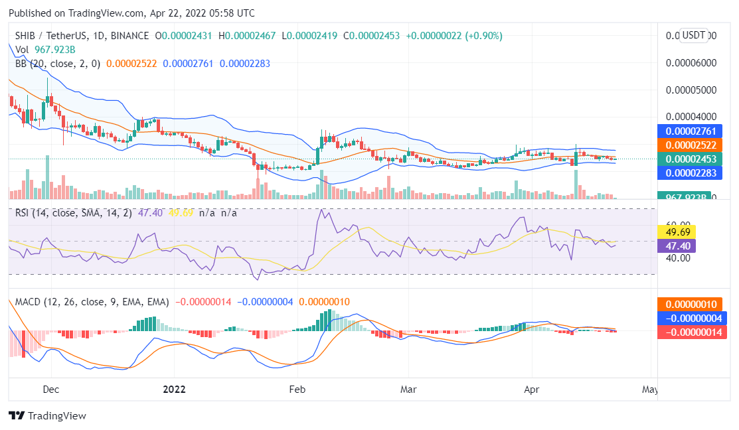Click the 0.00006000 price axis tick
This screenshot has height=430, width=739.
[x=691, y=63]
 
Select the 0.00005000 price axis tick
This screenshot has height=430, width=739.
[x=691, y=90]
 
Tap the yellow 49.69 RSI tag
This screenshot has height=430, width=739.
[x=675, y=232]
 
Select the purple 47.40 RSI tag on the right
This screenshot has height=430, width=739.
[x=675, y=246]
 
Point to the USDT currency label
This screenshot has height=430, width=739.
[x=695, y=35]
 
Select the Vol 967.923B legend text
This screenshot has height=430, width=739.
[x=45, y=49]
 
